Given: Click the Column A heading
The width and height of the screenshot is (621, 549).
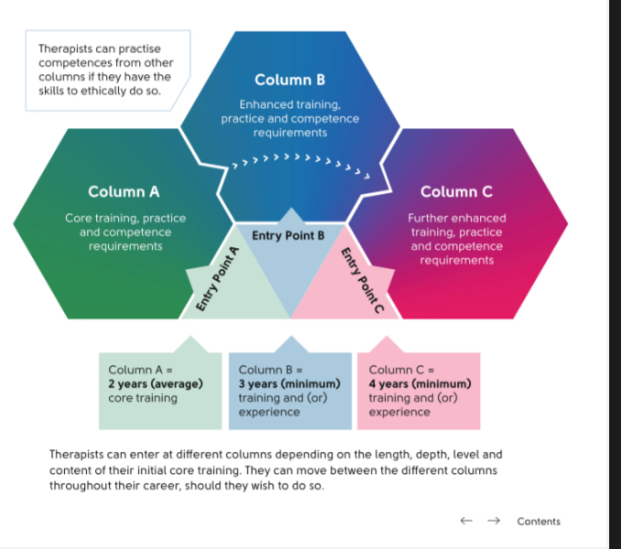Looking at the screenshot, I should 124,191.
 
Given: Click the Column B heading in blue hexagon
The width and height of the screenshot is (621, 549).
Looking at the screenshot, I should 289,80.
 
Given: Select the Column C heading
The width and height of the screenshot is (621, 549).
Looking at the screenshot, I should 456,191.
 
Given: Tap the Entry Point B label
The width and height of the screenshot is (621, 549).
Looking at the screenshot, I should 289,235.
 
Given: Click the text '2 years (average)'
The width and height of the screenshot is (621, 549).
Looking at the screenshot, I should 155,383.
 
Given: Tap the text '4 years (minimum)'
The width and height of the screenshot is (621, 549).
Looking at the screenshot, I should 419,383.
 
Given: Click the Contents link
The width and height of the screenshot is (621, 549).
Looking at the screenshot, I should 539,521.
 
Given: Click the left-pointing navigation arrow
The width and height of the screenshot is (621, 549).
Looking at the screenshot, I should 466,521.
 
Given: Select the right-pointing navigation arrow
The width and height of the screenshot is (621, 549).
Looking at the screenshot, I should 494,521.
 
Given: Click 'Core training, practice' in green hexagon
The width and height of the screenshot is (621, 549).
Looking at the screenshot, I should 125,218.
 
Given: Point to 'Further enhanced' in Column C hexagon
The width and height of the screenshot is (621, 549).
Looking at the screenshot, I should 456,218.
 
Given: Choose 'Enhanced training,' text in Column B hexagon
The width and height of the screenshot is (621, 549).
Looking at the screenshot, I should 289,104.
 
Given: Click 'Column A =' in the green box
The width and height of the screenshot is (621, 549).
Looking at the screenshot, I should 140,370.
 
